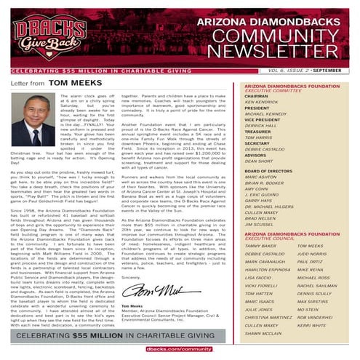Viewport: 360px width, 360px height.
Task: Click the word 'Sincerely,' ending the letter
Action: (x=131, y=277)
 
